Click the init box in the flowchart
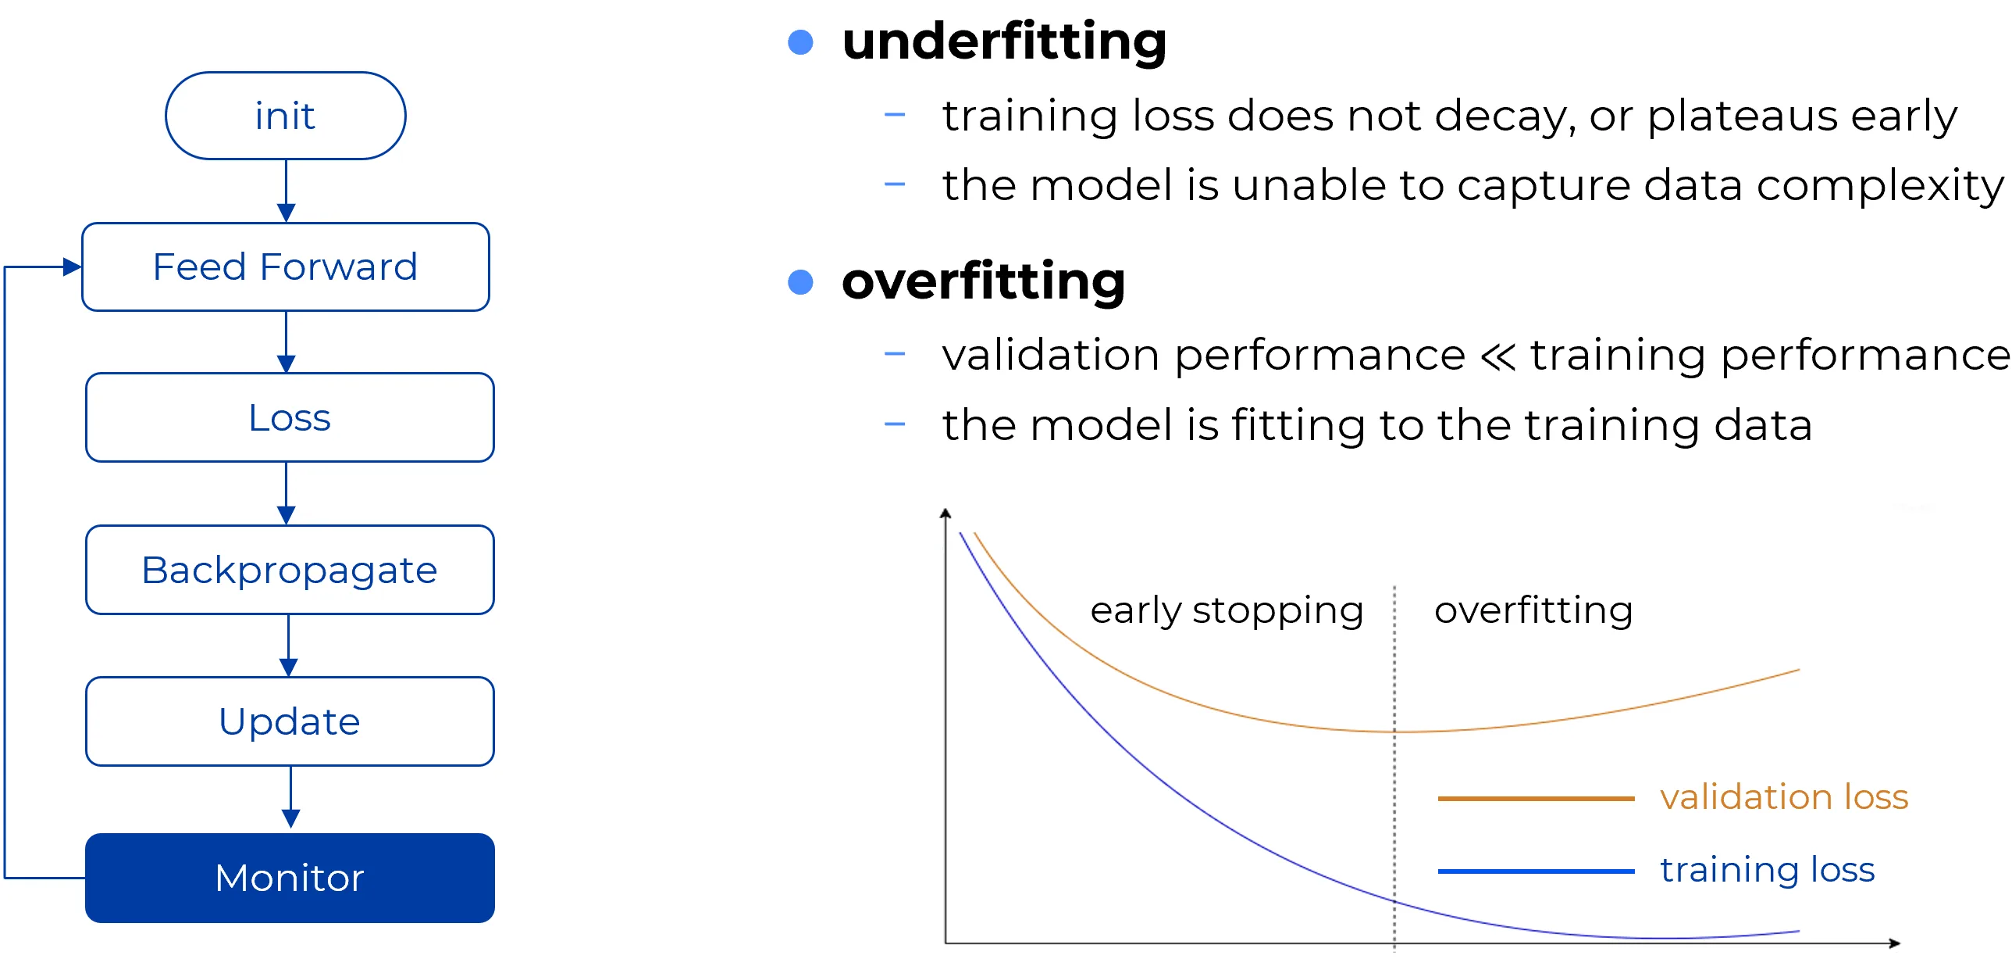285,116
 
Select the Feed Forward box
286,267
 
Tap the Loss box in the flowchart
290,417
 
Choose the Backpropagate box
290,570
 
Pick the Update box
290,721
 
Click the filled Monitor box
290,878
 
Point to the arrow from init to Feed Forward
286,191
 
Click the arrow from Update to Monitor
290,797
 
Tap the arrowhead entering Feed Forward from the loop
73,267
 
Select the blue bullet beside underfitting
800,42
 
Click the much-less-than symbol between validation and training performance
1498,356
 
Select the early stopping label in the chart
1227,610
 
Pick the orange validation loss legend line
1536,798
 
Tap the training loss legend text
1768,869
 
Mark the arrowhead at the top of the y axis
945,513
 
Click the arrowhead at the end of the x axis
1894,943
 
